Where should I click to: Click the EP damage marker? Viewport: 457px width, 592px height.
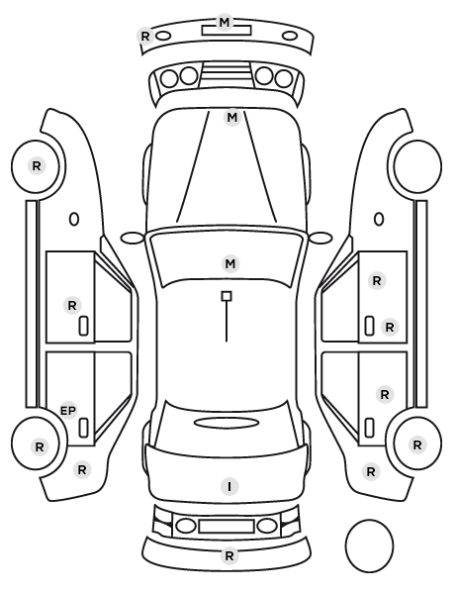point(68,411)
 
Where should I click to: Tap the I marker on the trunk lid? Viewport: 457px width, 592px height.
point(229,486)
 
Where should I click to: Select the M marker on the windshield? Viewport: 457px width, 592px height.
point(230,264)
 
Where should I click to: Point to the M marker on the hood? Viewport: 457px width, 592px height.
point(232,118)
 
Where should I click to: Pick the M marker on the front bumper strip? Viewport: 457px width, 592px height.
point(225,23)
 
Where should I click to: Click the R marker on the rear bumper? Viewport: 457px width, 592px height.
point(229,555)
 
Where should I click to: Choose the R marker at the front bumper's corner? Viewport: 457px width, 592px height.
point(145,37)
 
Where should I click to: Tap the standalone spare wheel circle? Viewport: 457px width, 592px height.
point(369,545)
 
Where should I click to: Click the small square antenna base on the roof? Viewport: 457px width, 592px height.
point(227,296)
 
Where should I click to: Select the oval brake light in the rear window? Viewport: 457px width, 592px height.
point(227,423)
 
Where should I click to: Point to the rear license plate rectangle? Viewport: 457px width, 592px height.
point(227,527)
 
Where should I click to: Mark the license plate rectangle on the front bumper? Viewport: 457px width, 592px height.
point(227,31)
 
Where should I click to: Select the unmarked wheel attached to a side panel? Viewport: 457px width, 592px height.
point(417,166)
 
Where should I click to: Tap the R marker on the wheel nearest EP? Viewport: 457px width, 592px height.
point(40,447)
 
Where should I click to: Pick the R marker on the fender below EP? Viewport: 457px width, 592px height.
point(82,470)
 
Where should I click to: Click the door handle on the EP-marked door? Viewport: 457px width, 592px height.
point(83,428)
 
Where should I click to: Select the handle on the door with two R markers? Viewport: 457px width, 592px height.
point(369,326)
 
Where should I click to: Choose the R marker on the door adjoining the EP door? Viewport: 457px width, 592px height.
point(72,306)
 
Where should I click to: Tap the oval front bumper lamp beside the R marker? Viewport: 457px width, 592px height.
point(164,36)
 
